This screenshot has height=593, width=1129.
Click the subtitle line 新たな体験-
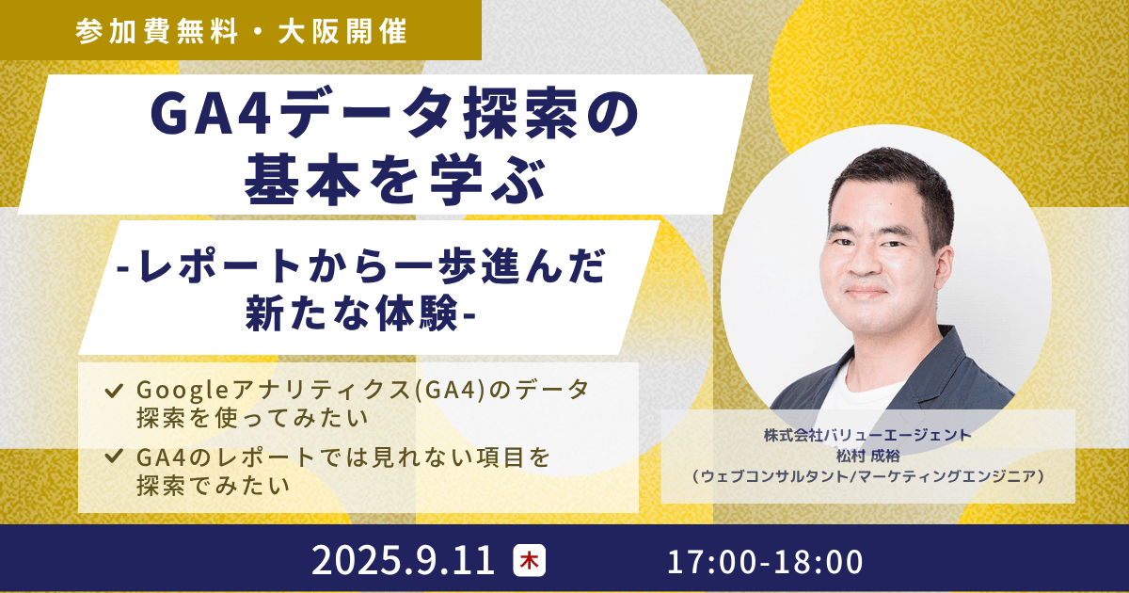point(359,313)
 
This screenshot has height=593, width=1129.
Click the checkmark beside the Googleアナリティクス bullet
point(115,388)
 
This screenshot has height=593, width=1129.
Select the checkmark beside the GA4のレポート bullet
point(115,457)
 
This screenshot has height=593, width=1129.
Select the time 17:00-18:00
point(765,562)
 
